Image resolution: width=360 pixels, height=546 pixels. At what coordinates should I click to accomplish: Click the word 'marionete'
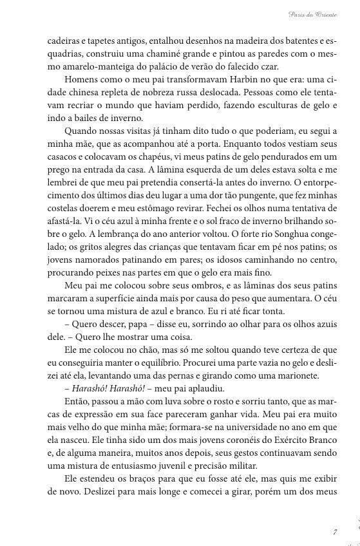285,375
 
